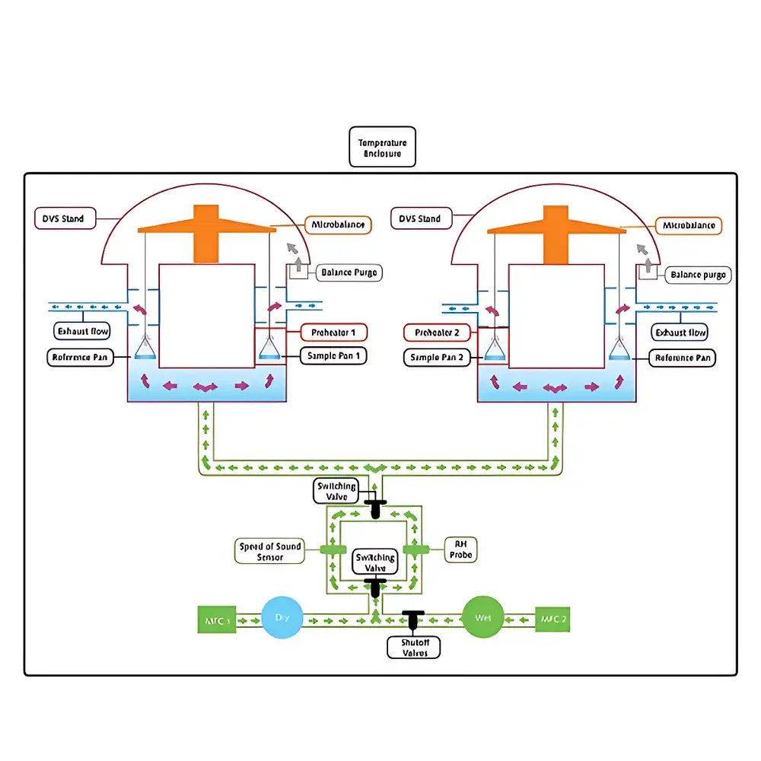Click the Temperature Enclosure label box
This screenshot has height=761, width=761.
click(x=383, y=147)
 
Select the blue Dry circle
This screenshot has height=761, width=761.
click(x=282, y=619)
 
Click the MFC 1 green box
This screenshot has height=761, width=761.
click(x=218, y=619)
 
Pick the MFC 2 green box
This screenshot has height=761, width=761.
click(x=552, y=619)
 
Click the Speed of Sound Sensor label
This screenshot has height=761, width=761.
click(x=269, y=552)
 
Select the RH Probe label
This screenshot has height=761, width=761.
click(x=460, y=550)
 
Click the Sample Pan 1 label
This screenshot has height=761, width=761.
click(x=334, y=355)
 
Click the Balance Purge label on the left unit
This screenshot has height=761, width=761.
click(x=347, y=272)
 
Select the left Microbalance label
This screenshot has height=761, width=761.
click(x=338, y=224)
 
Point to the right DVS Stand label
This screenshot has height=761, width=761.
click(x=419, y=219)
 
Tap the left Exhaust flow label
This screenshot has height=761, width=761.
click(x=84, y=331)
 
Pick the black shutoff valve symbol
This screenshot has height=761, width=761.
click(x=413, y=619)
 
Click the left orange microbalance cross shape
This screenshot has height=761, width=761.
click(x=206, y=228)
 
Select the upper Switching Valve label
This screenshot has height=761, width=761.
click(x=336, y=491)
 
